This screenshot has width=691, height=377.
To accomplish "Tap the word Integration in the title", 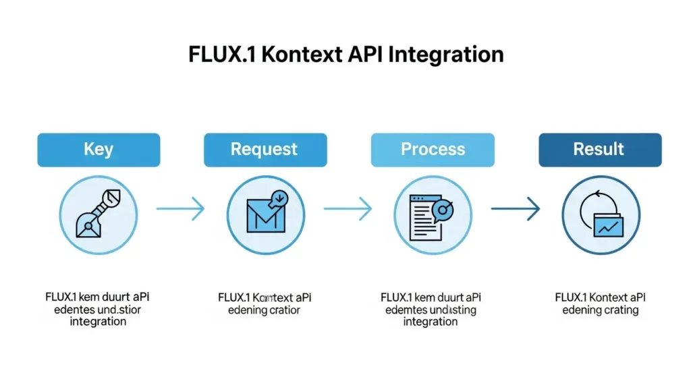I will pos(446,54).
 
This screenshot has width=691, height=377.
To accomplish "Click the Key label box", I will pos(99,150).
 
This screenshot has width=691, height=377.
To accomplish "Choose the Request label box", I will pos(265,150).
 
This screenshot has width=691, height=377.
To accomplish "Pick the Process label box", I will pos(433,150).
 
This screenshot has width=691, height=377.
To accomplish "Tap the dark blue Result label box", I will pos(599,150).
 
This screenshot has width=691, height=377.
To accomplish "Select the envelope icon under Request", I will pos(265,216).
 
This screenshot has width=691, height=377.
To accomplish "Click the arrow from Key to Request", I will pos(181,209).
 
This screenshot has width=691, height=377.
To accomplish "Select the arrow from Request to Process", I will pos(348,209).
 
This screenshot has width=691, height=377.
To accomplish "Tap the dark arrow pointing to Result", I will pos(516,209).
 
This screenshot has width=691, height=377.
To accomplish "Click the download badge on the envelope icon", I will pos(279,198).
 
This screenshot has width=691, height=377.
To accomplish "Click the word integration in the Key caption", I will pos(98,322).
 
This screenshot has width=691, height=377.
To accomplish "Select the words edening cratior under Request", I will pos(265,310).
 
